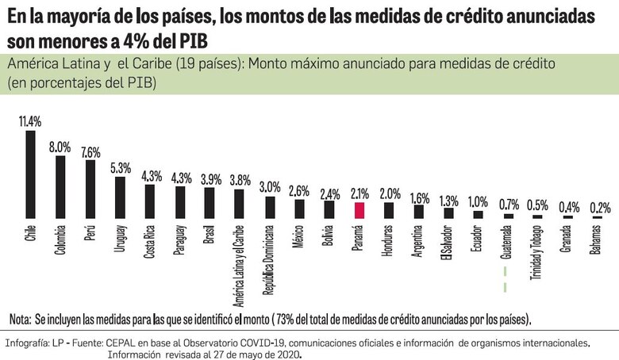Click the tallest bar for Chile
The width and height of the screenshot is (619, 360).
point(30,174)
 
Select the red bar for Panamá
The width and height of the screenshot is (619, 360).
point(359,210)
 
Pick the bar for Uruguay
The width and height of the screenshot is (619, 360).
point(120,197)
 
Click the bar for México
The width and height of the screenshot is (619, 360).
point(299,208)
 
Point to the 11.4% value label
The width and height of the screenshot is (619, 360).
point(30,121)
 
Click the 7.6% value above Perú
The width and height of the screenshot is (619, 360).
point(90,151)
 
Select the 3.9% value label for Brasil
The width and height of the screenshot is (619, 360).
point(210,178)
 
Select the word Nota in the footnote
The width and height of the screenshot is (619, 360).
point(21,319)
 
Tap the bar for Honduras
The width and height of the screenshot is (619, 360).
point(389,210)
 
